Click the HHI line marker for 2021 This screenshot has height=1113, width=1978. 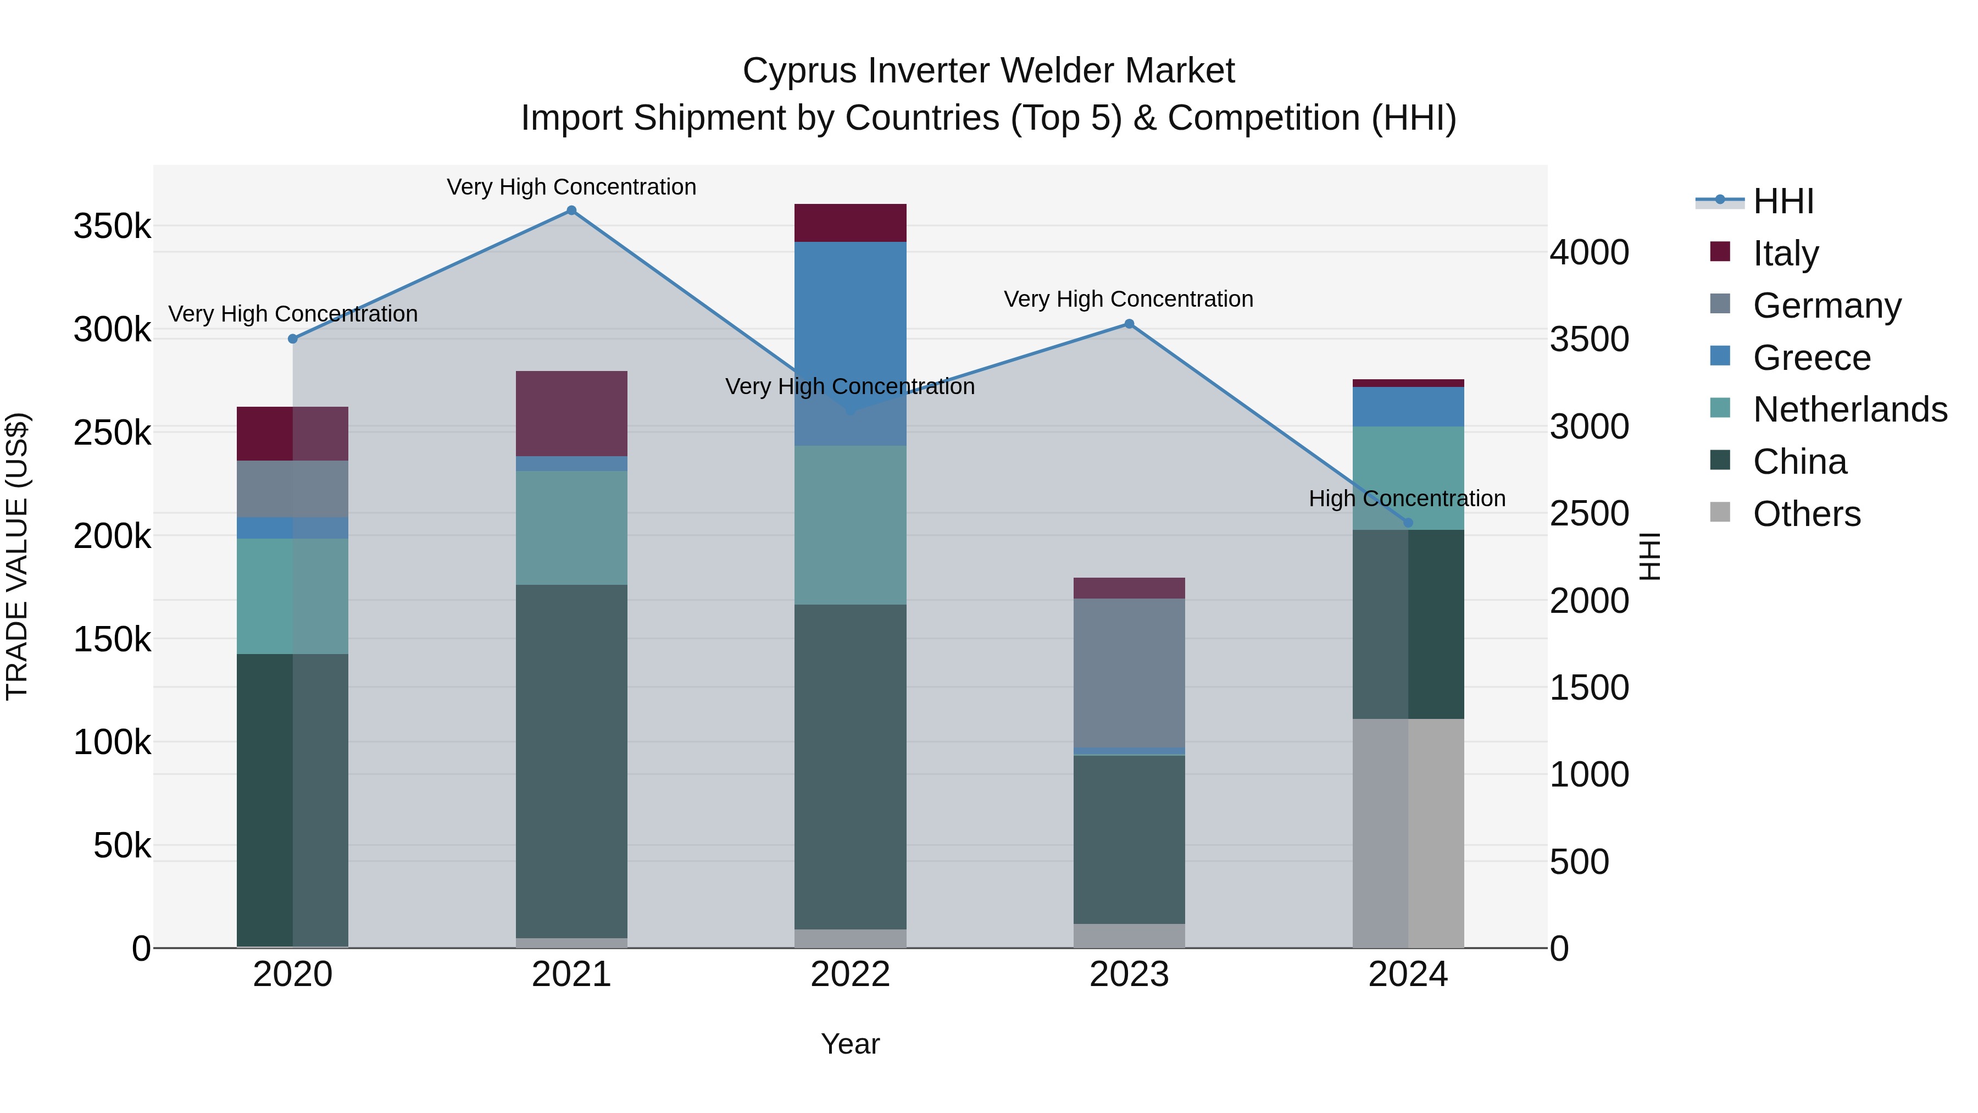(x=571, y=211)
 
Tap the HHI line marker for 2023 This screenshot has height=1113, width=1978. (x=1129, y=324)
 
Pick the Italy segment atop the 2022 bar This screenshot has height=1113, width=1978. (x=850, y=223)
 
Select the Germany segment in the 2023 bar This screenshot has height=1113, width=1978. (x=1129, y=672)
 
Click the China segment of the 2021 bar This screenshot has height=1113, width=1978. (x=571, y=761)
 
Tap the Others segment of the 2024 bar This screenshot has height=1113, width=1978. (x=1408, y=833)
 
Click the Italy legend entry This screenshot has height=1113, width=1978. (x=1786, y=253)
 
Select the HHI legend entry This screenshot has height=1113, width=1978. (x=1783, y=201)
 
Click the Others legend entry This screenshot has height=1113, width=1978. (x=1807, y=514)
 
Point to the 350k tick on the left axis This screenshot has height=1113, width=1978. (x=112, y=226)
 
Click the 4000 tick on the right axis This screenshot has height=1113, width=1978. (x=1588, y=253)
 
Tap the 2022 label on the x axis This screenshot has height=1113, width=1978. (x=850, y=974)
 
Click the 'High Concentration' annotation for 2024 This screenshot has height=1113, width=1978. (x=1407, y=499)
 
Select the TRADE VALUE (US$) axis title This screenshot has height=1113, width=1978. (x=17, y=556)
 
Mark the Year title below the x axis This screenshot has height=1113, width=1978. (x=850, y=1044)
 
